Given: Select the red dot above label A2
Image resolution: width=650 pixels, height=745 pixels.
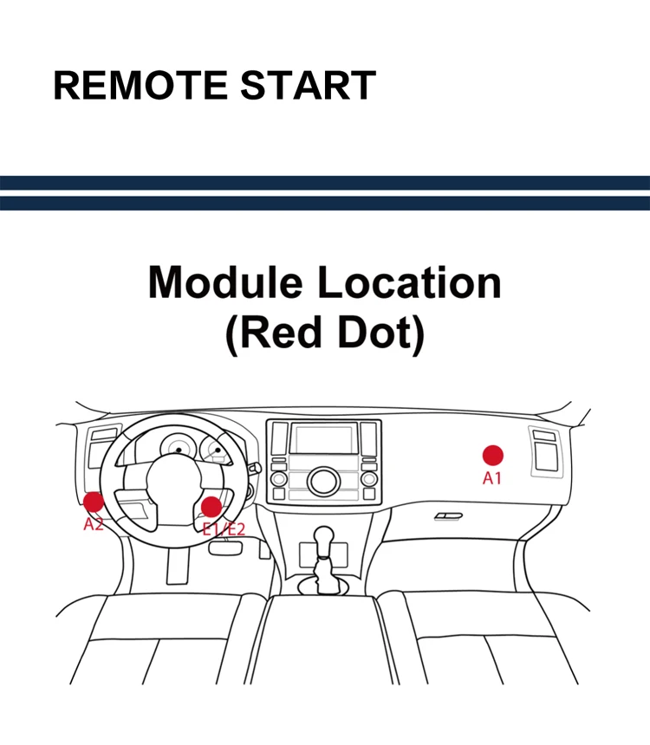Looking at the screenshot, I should pos(93,501).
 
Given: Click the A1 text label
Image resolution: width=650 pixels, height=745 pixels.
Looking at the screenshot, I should pos(492,477).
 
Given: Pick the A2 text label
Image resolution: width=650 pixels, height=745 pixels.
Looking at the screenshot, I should pos(94,523).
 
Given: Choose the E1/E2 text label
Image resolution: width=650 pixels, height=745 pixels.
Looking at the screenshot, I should pos(223,529).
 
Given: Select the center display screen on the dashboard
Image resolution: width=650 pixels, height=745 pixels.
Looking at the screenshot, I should pos(323,438).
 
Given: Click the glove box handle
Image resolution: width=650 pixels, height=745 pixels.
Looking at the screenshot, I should pos(448,516).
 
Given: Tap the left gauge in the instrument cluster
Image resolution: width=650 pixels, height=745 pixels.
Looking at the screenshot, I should pos(177,448).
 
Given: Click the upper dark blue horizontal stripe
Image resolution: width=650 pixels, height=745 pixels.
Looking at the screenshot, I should pos(325,183).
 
